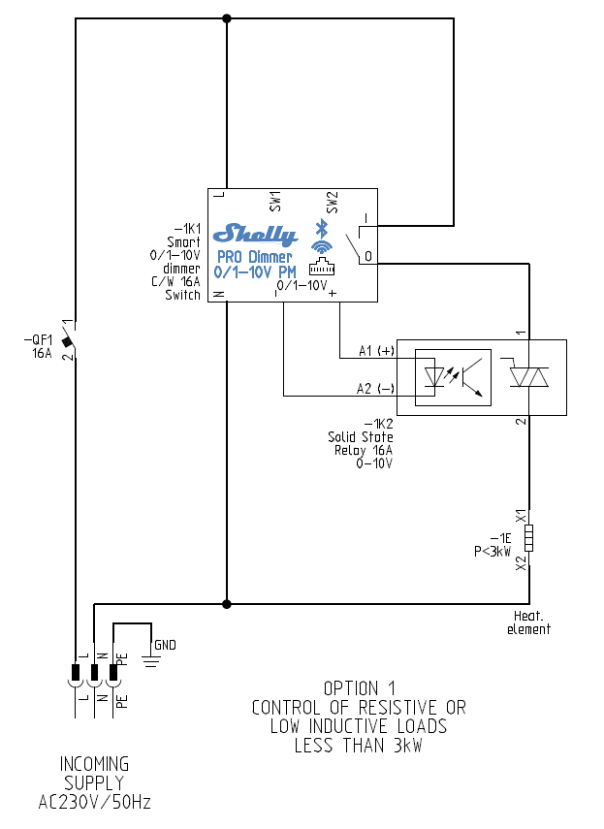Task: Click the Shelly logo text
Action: point(255,234)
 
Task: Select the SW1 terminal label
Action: point(274,201)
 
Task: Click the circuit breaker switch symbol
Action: point(69,340)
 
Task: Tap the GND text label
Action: point(165,645)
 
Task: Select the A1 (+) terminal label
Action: point(377,350)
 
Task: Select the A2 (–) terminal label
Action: point(376,389)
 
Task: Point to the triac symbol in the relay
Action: point(529,377)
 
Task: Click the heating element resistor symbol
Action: point(529,536)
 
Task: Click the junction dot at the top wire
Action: point(227,18)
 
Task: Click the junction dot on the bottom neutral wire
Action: point(227,604)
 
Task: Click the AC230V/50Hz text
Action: point(95,803)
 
